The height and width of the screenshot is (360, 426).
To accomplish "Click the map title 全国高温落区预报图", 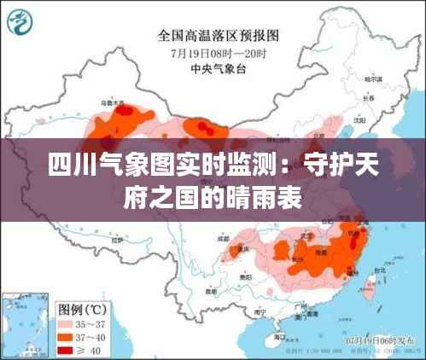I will pos(219,36).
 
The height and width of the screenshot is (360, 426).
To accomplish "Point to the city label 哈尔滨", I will pos(372,78).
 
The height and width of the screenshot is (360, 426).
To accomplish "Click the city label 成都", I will pos(225,240).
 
